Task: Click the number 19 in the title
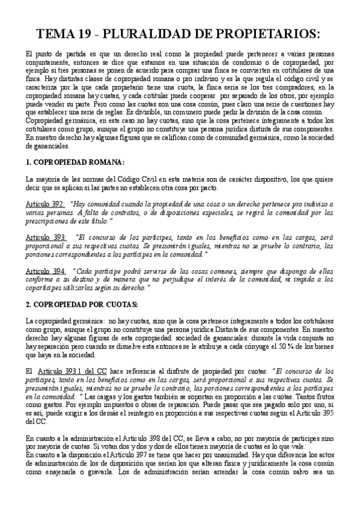point(87,33)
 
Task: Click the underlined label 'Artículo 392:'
point(46,204)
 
